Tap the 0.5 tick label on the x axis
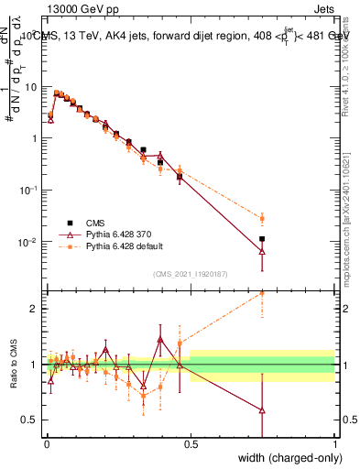pos(191,443)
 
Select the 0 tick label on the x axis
pos(47,443)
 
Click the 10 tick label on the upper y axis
pos(33,86)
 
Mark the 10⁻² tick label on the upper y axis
pos(31,243)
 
